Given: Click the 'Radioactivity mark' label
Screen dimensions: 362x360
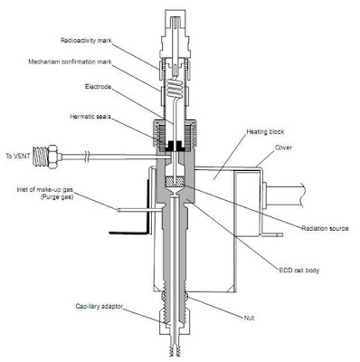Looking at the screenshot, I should (x=88, y=41).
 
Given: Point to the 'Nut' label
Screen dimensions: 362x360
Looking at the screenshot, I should (x=250, y=318).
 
